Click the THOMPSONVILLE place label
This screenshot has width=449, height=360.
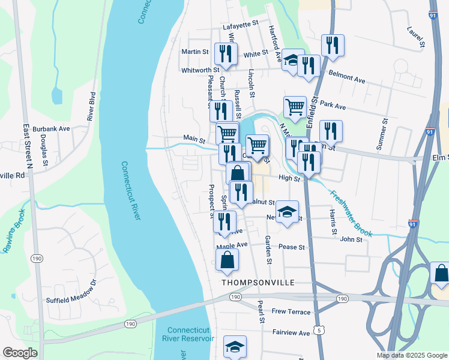pyautogui.click(x=251, y=282)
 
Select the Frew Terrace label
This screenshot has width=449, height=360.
pyautogui.click(x=291, y=312)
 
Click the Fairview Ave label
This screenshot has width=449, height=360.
pyautogui.click(x=291, y=333)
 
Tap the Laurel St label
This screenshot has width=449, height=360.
pyautogui.click(x=415, y=36)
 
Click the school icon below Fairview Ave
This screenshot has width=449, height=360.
pyautogui.click(x=235, y=346)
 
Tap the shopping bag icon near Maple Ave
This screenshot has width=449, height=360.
pyautogui.click(x=227, y=260)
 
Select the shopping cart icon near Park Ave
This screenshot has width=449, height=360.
pyautogui.click(x=294, y=107)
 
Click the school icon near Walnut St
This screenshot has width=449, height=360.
pyautogui.click(x=288, y=212)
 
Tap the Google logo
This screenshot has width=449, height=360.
pyautogui.click(x=20, y=353)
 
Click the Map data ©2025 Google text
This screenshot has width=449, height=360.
pyautogui.click(x=411, y=355)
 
